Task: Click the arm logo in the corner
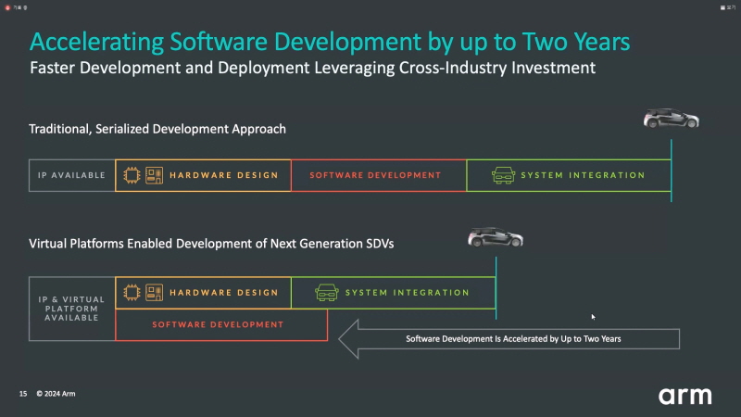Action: pyautogui.click(x=684, y=397)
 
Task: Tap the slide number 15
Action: pyautogui.click(x=22, y=394)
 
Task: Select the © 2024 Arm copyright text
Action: pyautogui.click(x=56, y=394)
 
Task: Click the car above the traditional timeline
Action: pyautogui.click(x=671, y=119)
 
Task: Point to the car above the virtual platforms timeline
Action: pyautogui.click(x=496, y=237)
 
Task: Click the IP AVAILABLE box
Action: pyautogui.click(x=72, y=175)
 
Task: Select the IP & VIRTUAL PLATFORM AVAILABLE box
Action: pyautogui.click(x=72, y=309)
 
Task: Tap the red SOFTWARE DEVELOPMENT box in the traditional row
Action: pyautogui.click(x=379, y=175)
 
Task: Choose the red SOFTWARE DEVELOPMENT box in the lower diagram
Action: pyautogui.click(x=221, y=325)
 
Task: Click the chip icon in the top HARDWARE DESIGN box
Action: pyautogui.click(x=132, y=175)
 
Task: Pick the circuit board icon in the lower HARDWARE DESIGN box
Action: pyautogui.click(x=154, y=293)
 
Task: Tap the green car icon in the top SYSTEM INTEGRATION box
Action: pyautogui.click(x=503, y=175)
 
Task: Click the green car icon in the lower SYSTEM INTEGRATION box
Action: pyautogui.click(x=327, y=293)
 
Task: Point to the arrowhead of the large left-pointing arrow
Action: pyautogui.click(x=340, y=338)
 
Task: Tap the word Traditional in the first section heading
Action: pyautogui.click(x=59, y=129)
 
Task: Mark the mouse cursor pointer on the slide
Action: pyautogui.click(x=593, y=317)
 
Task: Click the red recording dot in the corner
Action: pyautogui.click(x=7, y=7)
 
